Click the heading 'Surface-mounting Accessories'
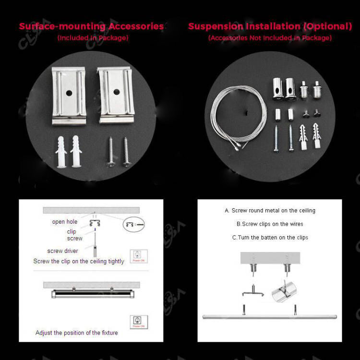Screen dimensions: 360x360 click(91, 26)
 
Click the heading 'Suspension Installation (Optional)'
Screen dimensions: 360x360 click(270, 26)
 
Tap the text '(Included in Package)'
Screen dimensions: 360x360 click(93, 38)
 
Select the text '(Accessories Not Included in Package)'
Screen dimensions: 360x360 click(270, 38)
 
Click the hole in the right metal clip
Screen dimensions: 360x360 click(115, 91)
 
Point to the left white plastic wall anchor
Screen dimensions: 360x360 click(61, 151)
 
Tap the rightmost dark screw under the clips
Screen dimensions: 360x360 click(126, 152)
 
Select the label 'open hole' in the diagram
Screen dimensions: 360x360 click(65, 222)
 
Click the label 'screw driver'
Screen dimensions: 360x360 click(62, 251)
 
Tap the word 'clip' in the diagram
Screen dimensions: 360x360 click(72, 231)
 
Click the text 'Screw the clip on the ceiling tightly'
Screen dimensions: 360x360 click(79, 262)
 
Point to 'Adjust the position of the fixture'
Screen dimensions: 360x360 click(76, 333)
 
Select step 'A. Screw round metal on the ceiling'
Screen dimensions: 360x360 click(270, 211)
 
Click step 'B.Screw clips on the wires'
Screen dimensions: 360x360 click(270, 224)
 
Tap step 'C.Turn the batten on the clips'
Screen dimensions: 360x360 click(270, 238)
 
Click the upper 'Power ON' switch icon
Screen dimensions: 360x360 click(139, 256)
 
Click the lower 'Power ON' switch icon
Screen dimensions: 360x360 click(139, 322)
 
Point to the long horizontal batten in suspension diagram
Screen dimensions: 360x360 click(269, 317)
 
